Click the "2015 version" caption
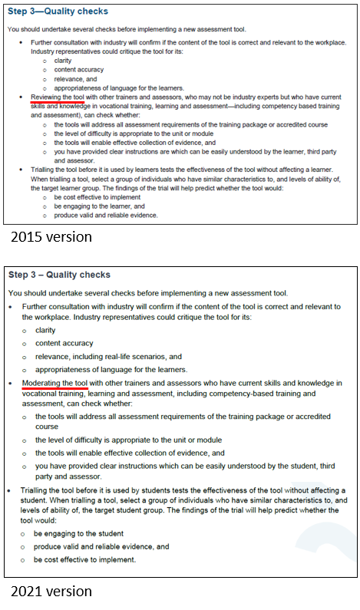pos(51,237)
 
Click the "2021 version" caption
pos(51,592)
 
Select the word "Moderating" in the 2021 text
pos(46,383)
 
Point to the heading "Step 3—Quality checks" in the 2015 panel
pos(58,12)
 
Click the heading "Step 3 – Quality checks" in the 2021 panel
pos(60,275)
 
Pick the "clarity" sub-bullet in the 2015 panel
pos(63,61)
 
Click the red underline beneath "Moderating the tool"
pos(58,388)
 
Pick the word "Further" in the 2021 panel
pos(38,306)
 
